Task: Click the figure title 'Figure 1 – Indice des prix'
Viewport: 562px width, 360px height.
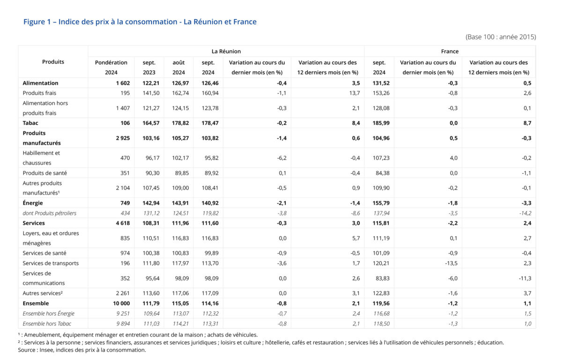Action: click(140, 22)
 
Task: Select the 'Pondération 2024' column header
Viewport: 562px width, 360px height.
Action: click(111, 67)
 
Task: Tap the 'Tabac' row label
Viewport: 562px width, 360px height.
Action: click(30, 123)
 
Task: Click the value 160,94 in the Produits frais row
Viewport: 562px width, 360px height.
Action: click(207, 93)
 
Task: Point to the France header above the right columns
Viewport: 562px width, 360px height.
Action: click(450, 51)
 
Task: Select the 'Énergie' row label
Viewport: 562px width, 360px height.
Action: click(33, 203)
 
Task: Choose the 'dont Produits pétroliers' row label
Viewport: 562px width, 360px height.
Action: click(49, 213)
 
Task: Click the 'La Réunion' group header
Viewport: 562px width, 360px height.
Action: click(226, 51)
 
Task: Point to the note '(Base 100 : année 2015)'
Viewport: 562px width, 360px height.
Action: click(501, 37)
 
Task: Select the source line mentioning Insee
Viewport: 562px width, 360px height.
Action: click(82, 350)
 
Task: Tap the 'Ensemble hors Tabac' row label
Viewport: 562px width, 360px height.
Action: click(47, 323)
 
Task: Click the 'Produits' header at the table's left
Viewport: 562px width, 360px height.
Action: click(53, 62)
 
